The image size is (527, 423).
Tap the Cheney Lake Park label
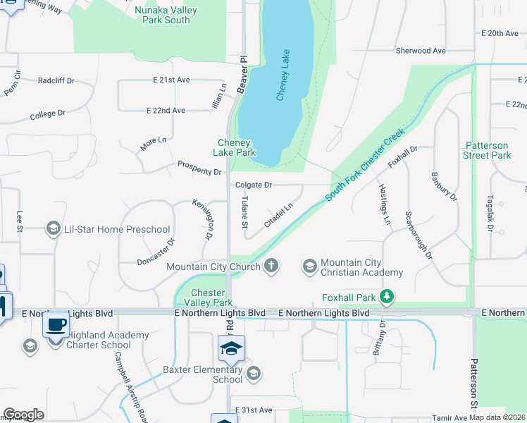[x=235, y=147]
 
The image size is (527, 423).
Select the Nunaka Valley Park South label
[x=166, y=15]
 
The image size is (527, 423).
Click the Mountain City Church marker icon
[x=271, y=266]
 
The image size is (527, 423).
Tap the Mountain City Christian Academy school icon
[x=309, y=266]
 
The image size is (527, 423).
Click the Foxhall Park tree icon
[x=386, y=298]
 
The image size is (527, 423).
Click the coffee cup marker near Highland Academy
[x=56, y=325]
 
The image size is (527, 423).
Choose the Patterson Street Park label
[x=488, y=150]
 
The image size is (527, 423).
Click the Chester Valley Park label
[x=208, y=298]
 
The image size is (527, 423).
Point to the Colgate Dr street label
[x=253, y=185]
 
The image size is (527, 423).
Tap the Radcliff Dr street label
[x=56, y=80]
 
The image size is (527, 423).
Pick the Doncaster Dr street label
[x=156, y=252]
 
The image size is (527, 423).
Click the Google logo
[x=24, y=415]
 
